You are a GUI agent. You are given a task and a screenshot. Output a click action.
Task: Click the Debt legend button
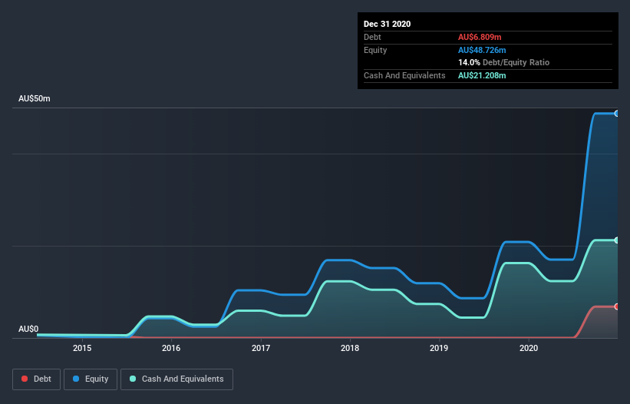(35, 379)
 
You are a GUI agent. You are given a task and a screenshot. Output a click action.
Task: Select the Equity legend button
(91, 379)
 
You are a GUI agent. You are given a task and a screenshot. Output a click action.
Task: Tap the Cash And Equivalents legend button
(176, 379)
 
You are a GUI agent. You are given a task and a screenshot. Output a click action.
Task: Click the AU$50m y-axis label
(34, 99)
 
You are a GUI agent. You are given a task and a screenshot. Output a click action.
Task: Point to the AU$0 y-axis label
(28, 329)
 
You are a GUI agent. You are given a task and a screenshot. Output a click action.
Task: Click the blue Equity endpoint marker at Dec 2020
(617, 114)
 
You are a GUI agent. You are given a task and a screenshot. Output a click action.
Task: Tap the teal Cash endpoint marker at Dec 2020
(617, 240)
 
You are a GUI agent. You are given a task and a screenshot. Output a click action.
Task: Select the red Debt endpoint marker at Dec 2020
(617, 306)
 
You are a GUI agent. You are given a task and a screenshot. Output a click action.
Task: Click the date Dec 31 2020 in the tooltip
(387, 24)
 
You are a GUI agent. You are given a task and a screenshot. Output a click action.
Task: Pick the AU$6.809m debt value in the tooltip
(480, 37)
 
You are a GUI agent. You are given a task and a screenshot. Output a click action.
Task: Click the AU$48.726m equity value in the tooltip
(482, 50)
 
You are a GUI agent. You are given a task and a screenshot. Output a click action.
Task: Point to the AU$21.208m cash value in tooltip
(482, 75)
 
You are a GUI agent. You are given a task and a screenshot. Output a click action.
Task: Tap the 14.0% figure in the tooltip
(469, 62)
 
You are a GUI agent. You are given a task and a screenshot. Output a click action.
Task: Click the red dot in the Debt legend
(25, 379)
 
